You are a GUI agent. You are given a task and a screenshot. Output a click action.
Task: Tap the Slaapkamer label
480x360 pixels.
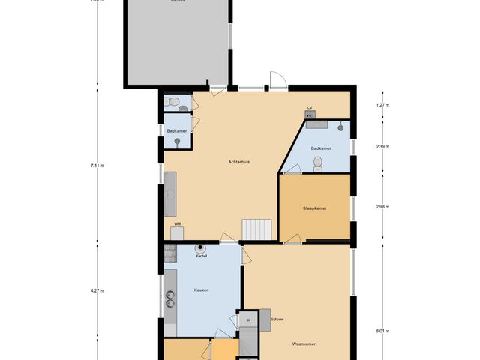point(314,208)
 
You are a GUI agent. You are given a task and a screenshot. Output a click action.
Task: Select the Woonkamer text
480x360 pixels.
point(304,343)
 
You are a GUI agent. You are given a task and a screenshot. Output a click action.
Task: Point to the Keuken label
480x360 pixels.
point(201,289)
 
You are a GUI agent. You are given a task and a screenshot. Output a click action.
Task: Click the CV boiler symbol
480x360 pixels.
point(309,115)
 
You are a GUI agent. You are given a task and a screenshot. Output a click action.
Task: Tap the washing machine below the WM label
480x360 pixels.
point(177,233)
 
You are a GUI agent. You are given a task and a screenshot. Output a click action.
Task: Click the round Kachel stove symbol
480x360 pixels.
point(200,248)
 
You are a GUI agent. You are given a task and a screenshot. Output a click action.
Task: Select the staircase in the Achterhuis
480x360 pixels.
point(257,229)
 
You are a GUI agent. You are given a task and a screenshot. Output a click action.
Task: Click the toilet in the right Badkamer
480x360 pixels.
point(317,163)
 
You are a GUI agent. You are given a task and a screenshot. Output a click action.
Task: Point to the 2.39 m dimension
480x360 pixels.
point(382,147)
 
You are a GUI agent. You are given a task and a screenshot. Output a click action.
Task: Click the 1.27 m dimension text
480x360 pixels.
point(382,105)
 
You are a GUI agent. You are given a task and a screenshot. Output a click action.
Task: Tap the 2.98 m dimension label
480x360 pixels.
point(382,206)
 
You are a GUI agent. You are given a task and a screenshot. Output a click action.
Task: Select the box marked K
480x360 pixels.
point(247,320)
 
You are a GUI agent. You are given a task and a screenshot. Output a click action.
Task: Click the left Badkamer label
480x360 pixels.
point(177,130)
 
